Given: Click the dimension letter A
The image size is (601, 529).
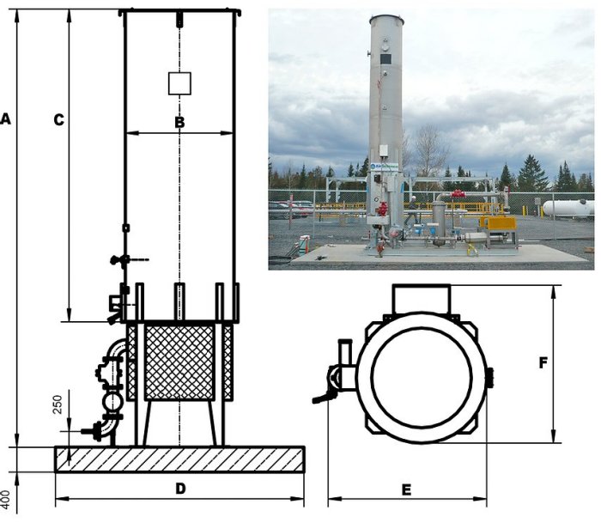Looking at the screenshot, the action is (x=5, y=119).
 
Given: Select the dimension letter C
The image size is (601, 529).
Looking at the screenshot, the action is (x=58, y=120).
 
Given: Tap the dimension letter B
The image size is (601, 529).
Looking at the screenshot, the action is (x=179, y=122).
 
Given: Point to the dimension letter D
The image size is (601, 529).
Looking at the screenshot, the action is (x=180, y=489).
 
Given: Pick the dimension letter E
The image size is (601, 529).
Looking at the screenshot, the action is (x=406, y=489).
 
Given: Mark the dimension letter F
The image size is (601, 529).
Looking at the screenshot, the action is (x=543, y=362).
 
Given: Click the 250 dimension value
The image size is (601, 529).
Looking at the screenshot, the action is (x=58, y=404).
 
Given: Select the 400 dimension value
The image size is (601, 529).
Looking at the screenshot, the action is (x=5, y=500).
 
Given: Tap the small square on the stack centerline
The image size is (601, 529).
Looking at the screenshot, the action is (x=179, y=83).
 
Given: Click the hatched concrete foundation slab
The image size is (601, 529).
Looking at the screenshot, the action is (x=179, y=459).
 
